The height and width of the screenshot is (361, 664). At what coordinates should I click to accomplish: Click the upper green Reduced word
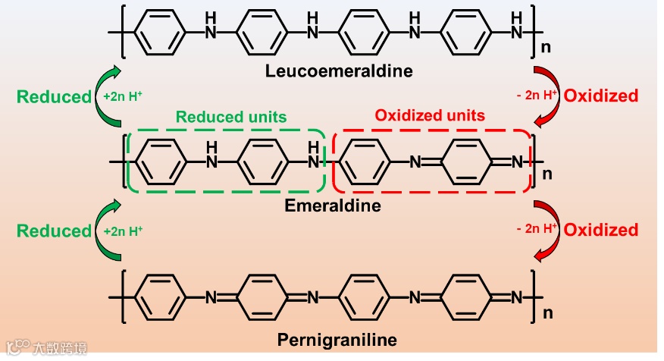click(x=54, y=96)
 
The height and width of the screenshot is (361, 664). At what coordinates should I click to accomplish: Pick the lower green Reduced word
click(x=54, y=231)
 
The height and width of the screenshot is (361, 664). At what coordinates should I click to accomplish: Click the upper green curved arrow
click(x=105, y=96)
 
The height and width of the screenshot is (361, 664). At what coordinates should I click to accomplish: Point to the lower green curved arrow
click(x=105, y=230)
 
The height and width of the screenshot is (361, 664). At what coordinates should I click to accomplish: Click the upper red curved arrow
click(x=549, y=96)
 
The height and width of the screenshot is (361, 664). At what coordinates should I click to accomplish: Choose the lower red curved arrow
click(x=549, y=230)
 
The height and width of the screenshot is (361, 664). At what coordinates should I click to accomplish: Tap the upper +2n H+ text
click(x=124, y=97)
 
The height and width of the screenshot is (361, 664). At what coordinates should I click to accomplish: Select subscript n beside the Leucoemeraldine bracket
click(x=543, y=50)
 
